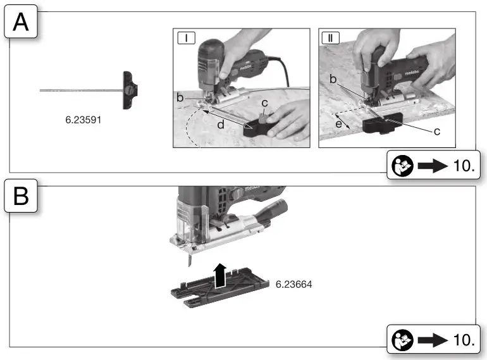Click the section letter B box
point(20,198)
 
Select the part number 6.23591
point(83,118)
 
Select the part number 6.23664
point(294,285)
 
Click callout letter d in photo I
point(219,125)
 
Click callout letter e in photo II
point(340,125)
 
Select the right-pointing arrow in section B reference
point(432,339)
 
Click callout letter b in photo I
point(180,98)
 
